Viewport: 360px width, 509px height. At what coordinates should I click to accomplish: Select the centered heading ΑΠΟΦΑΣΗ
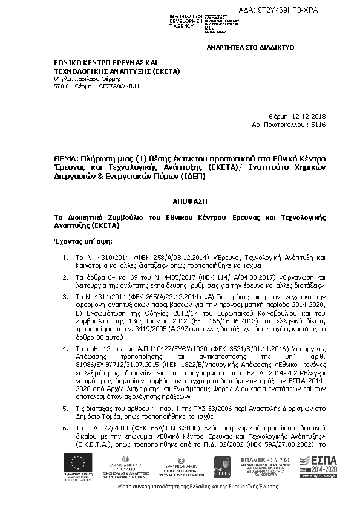point(180,198)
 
